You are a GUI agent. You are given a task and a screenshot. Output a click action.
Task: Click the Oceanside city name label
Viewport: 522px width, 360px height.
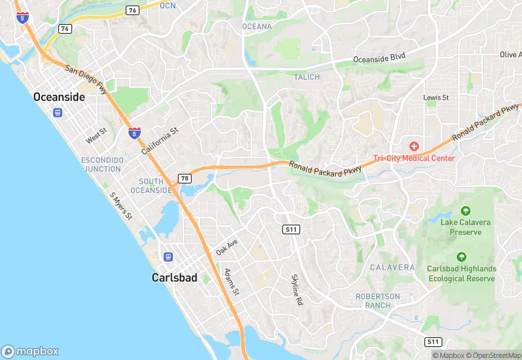coord(59,98)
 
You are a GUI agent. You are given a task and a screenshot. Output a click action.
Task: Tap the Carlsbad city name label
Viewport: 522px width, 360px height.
coord(174,278)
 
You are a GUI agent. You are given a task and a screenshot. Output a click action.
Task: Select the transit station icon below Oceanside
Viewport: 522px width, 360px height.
coord(58,113)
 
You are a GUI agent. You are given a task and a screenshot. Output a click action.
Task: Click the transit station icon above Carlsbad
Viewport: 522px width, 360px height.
coord(168,257)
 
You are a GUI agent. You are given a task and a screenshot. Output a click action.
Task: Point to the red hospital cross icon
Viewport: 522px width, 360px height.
coord(413,146)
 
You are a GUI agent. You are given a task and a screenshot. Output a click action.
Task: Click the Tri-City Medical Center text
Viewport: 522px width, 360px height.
coord(413,158)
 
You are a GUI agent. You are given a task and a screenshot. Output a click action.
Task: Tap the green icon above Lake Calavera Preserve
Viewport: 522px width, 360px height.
coord(465,211)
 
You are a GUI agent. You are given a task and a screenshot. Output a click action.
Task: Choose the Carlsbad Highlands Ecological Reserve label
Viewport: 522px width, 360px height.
coord(461,273)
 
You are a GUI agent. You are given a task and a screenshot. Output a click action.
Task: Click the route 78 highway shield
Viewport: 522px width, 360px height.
coord(184,179)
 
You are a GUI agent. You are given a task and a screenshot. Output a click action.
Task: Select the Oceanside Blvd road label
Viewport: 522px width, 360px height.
coord(380,59)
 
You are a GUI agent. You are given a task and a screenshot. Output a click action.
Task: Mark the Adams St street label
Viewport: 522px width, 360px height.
coord(231,282)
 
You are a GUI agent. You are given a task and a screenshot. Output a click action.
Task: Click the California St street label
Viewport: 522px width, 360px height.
coord(159,140)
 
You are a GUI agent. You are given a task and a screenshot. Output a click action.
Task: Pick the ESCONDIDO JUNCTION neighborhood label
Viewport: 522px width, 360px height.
coord(102,164)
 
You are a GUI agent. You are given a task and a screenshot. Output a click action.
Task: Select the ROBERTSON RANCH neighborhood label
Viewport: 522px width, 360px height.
coord(377,300)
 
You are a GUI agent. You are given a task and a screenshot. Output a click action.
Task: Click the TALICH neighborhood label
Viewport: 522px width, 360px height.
coord(306,77)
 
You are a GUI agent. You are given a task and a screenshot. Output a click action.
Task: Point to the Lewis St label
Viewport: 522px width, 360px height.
coord(435,98)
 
